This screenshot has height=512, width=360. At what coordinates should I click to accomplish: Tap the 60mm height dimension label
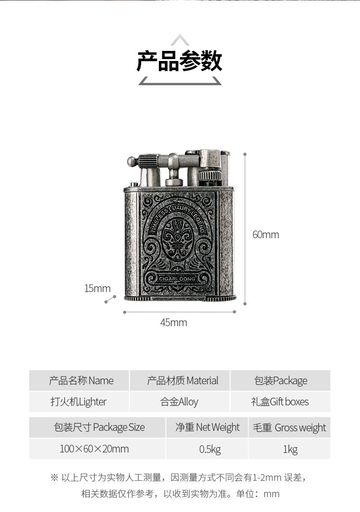coord(265,235)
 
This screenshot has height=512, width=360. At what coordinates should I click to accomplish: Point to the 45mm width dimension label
coord(173,322)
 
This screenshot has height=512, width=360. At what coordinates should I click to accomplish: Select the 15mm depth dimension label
coord(97,288)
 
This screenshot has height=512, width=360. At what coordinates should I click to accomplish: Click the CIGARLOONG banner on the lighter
coord(177,278)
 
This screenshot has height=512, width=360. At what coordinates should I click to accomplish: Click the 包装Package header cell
coord(281,381)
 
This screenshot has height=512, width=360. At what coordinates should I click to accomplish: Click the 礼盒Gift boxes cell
coord(280,402)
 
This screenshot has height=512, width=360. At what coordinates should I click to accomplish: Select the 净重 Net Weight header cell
coord(207,427)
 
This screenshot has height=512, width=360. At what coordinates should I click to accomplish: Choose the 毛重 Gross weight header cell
coord(289,427)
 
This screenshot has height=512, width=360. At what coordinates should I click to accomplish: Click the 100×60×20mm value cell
coord(94,449)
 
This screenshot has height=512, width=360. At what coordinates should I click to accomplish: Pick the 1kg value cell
coord(290,449)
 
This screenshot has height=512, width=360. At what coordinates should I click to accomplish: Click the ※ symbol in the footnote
coord(54,477)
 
